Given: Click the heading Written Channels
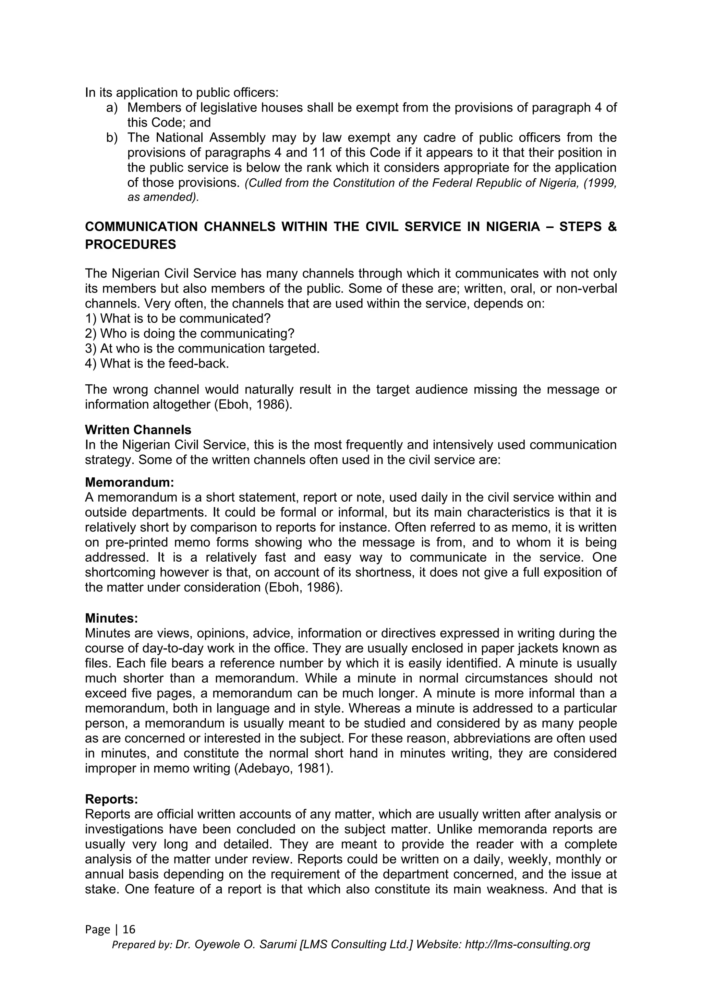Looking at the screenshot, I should coord(138,430).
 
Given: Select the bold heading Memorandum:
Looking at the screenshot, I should coord(129,482).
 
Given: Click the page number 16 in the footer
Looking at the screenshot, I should coord(129,929).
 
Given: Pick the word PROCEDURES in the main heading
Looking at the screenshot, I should coord(131,245).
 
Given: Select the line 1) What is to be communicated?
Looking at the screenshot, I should coord(178,319).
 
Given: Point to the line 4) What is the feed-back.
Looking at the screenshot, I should coord(157,364).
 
